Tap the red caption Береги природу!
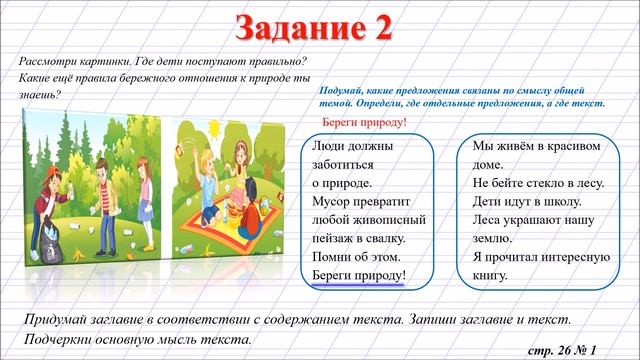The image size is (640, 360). click(365, 122)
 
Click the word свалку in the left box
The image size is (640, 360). click(379, 238)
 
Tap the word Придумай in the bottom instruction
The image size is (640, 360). click(59, 318)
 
